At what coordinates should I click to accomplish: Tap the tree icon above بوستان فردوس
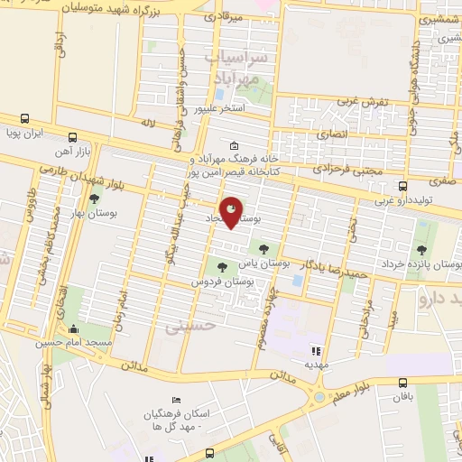coord(221,265)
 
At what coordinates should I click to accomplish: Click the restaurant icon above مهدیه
coord(315,350)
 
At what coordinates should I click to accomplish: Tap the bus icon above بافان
coord(403,382)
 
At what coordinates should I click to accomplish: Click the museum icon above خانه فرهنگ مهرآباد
coord(234,146)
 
